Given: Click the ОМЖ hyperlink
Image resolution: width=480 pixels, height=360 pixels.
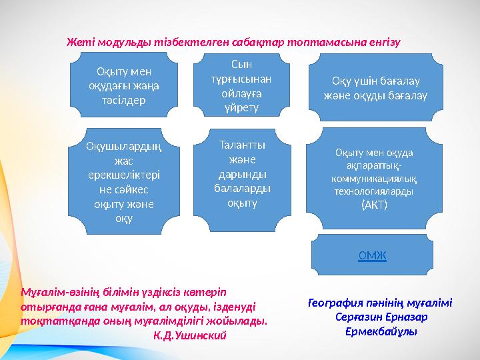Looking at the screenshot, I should (x=373, y=255).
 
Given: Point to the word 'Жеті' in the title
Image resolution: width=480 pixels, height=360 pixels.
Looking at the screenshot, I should (x=78, y=41).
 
